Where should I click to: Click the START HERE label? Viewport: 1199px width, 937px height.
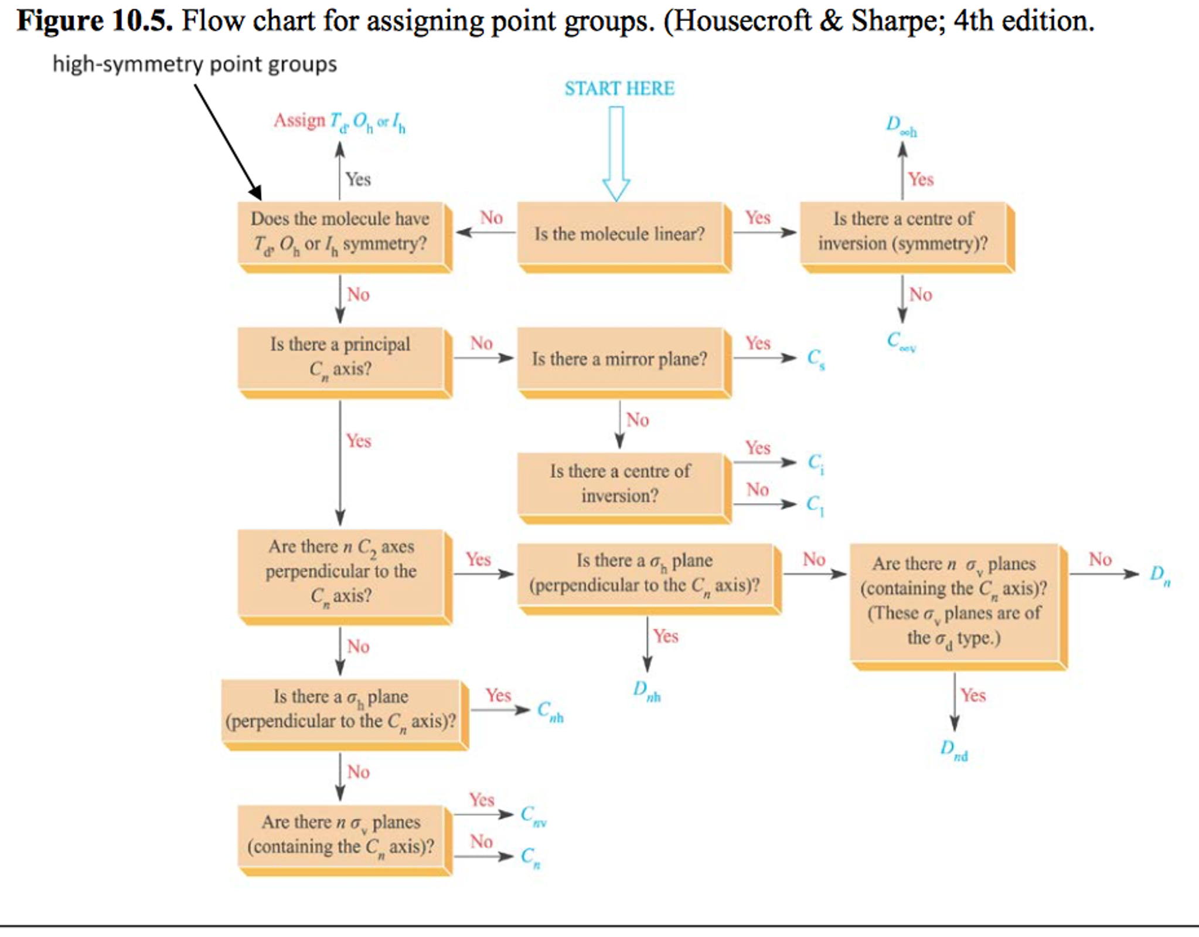(x=619, y=89)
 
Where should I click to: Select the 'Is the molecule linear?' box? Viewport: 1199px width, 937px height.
(x=620, y=235)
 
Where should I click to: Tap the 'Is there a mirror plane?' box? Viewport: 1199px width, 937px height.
(x=620, y=359)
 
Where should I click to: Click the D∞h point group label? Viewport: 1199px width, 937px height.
(x=901, y=125)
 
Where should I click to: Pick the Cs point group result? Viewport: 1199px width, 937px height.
(x=816, y=359)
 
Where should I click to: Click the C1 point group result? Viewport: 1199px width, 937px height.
(x=815, y=505)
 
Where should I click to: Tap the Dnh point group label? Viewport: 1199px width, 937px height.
(x=646, y=690)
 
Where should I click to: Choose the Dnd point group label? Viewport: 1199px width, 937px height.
(x=953, y=749)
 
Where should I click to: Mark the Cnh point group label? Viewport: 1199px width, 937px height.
(x=550, y=711)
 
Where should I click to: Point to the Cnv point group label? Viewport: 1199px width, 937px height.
(x=533, y=815)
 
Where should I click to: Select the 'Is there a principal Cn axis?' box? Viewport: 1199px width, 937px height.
(x=340, y=357)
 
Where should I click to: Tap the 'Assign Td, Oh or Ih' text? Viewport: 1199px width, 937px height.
(x=339, y=122)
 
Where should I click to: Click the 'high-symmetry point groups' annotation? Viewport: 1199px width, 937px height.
(x=195, y=64)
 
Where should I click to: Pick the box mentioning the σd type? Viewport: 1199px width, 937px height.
(x=954, y=601)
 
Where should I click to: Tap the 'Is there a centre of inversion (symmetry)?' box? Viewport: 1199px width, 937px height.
(x=903, y=232)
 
